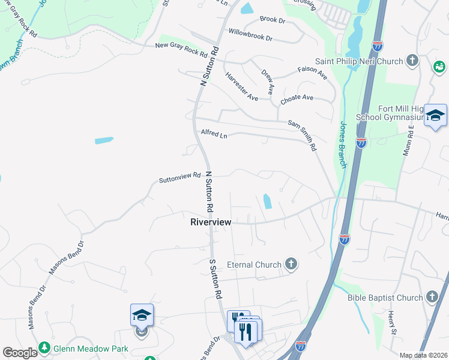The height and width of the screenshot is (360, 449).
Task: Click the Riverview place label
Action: point(211,222)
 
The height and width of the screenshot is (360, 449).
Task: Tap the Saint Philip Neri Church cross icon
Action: point(412,60)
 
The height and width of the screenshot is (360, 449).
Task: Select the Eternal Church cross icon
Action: point(291,264)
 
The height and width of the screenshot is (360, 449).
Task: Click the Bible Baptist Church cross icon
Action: point(432,297)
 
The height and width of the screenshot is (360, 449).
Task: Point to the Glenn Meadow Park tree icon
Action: point(44,347)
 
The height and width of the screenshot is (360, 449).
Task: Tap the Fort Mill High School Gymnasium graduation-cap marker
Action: point(435,115)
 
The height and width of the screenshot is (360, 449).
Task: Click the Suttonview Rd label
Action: point(179,178)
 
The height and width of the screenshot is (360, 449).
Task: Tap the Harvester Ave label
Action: point(241,86)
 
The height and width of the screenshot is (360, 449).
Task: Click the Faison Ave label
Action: point(312,73)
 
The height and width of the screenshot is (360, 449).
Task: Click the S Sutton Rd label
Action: point(216,279)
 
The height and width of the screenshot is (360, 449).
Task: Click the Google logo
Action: point(20,353)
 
